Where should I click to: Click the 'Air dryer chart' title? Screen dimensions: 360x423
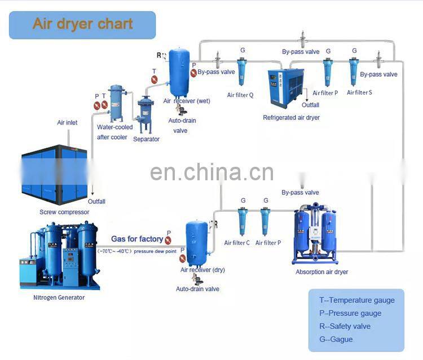82,24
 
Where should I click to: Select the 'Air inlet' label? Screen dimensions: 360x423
67,122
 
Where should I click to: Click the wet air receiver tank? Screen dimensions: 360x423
180,72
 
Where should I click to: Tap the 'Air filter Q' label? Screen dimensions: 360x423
240,95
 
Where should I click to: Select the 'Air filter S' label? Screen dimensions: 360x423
359,92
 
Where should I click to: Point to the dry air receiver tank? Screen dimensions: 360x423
197,242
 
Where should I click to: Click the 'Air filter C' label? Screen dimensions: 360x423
237,243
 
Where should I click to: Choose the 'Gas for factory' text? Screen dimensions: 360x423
136,239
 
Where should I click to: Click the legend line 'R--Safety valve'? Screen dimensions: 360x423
345,326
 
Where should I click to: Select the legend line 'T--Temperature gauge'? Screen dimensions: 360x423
356,300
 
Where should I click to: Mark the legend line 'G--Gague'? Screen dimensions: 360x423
337,339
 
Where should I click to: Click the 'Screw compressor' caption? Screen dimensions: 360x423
64,212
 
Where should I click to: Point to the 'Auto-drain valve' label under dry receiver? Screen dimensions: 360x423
197,289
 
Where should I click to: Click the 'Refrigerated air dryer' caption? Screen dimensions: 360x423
291,118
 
